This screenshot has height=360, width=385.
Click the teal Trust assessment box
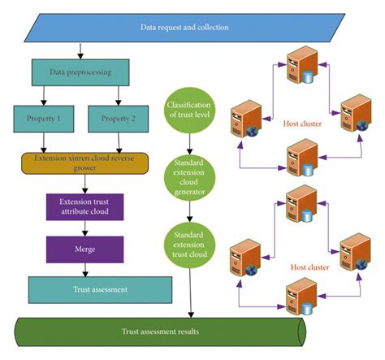coord(100,288)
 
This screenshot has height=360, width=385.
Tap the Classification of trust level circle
coord(188,111)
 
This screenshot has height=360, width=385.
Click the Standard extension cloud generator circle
coord(188,176)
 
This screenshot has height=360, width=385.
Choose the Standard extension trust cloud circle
coord(188,241)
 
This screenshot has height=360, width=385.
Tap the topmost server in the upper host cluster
coord(301,62)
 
